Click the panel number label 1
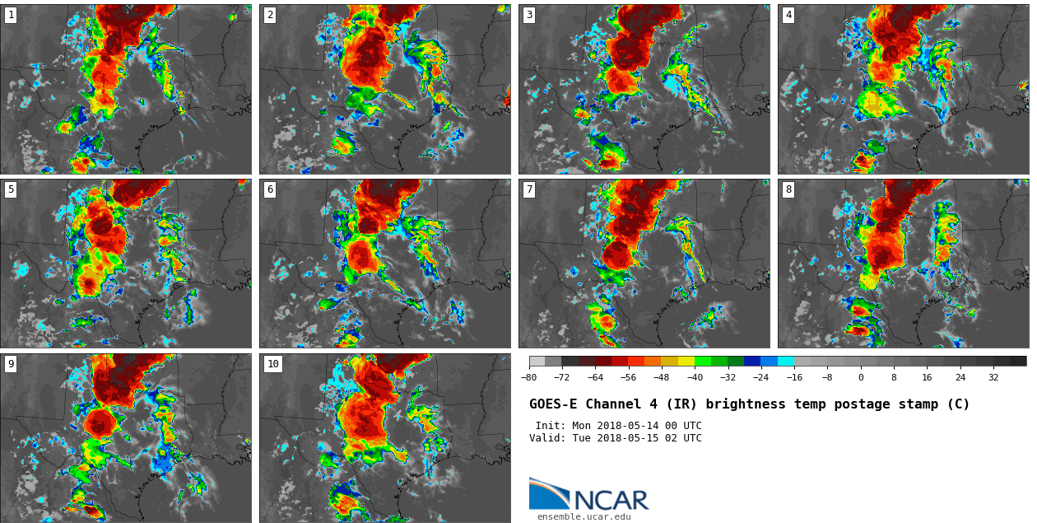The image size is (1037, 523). coord(11,15)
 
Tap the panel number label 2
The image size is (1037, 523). coord(270,15)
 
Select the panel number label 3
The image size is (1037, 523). coord(529,15)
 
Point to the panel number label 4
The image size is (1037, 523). coord(788,15)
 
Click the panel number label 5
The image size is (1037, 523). coord(11,189)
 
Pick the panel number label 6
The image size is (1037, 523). coord(270,189)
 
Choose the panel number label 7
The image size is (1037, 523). coord(529,189)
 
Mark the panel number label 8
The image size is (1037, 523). coord(788,189)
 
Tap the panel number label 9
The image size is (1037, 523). coord(11,364)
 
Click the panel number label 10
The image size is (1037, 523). coord(273,364)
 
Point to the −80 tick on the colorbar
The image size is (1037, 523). coord(529,378)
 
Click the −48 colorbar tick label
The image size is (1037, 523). coord(662,378)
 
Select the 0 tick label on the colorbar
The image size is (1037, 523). coord(861,378)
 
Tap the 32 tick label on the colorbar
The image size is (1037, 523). coord(993,378)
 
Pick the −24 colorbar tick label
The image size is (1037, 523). coord(761,378)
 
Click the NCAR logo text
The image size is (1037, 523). coord(611,500)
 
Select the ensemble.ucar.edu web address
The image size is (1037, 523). coord(584,517)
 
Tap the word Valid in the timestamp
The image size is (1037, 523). coord(546,438)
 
